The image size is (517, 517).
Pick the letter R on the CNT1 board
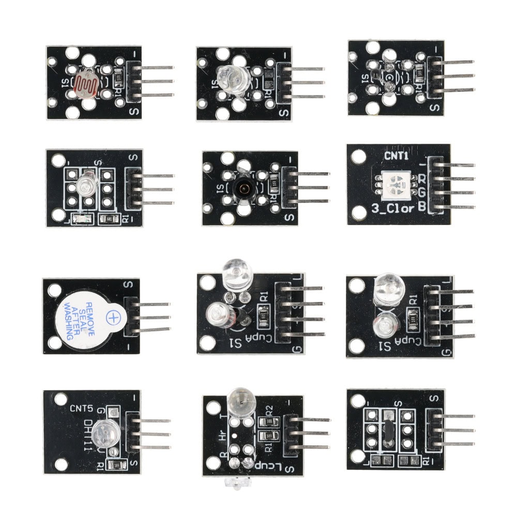[x=422, y=179]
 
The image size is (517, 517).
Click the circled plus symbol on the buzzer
[x=112, y=316]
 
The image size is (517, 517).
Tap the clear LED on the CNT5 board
[x=107, y=431]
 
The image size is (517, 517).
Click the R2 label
[x=269, y=410]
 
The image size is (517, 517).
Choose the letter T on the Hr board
[x=222, y=417]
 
